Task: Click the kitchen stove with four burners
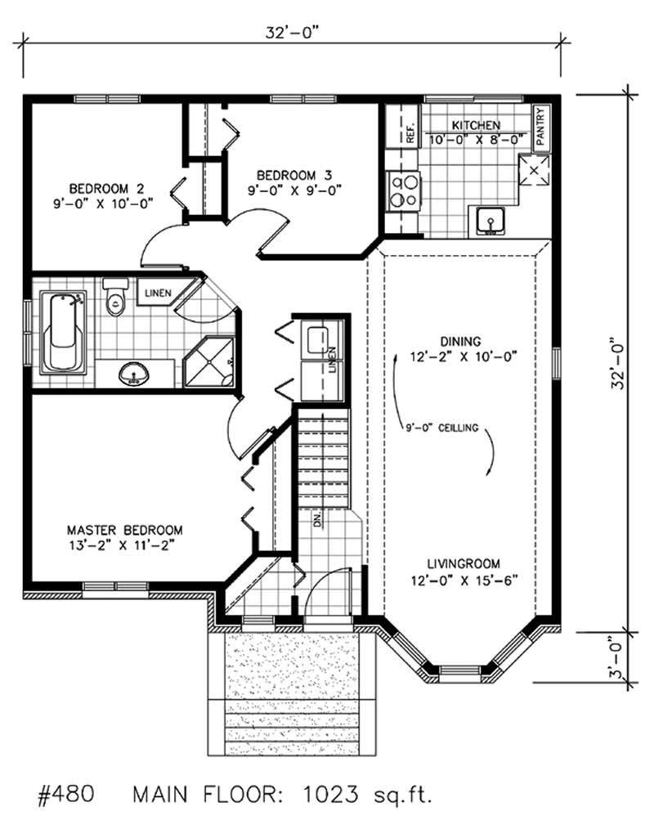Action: coord(405,190)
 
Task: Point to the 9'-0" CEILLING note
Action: coord(441,428)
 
